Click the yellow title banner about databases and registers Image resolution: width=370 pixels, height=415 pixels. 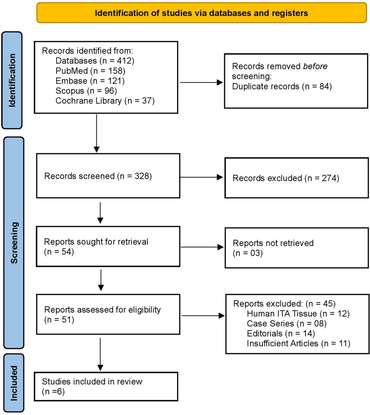tap(201, 13)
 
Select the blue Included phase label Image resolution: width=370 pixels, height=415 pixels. tap(13, 382)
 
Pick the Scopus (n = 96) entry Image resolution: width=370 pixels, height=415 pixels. tap(83, 90)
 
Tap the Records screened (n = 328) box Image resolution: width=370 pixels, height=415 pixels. tap(108, 176)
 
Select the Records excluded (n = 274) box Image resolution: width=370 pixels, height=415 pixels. tap(296, 178)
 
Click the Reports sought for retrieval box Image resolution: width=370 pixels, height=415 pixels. tap(108, 247)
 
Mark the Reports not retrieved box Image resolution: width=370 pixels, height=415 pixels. tap(296, 248)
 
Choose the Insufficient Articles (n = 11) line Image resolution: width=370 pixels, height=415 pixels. tap(298, 343)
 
